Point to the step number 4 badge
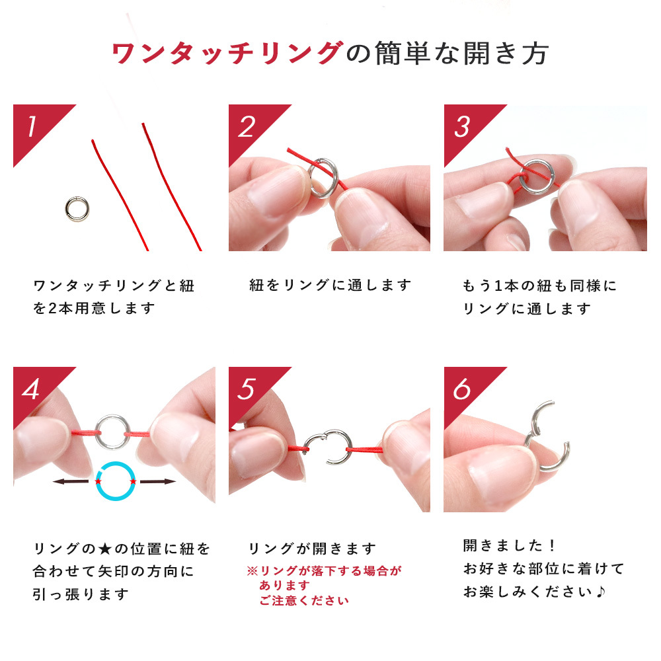point(34,388)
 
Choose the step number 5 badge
point(249,388)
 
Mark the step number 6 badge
point(465,388)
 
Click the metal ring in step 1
point(67,209)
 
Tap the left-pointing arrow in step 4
point(71,481)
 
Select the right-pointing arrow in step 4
point(158,481)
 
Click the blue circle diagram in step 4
point(97,481)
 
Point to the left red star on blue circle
point(98,481)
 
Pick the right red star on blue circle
point(133,481)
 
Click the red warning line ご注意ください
point(304,600)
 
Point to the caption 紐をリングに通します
point(330,286)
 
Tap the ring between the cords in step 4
point(98,432)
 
